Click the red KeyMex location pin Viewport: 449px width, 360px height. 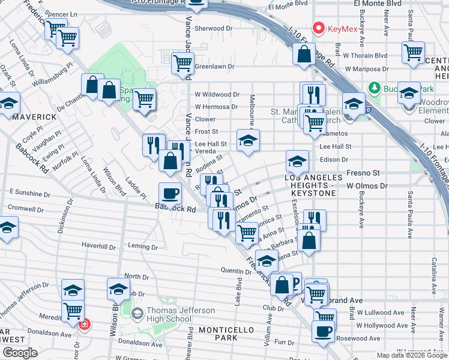pyautogui.click(x=318, y=28)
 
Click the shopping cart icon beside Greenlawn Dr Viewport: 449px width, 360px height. pyautogui.click(x=182, y=63)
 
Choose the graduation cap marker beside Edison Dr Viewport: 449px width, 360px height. pyautogui.click(x=297, y=161)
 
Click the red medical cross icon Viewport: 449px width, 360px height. pyautogui.click(x=85, y=324)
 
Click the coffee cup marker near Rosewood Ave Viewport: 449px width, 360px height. pyautogui.click(x=323, y=331)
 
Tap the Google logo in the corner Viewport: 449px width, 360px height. pyautogui.click(x=20, y=353)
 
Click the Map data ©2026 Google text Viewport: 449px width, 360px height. pyautogui.click(x=411, y=355)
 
